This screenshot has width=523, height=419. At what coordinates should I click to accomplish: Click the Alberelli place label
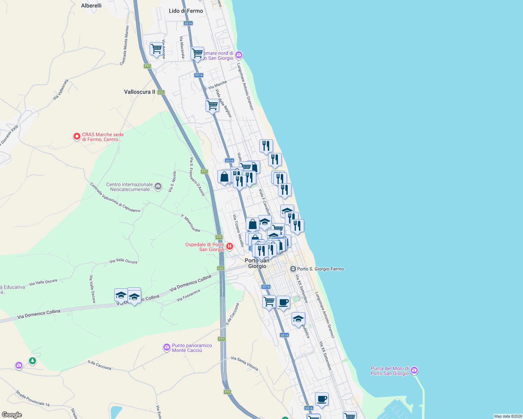91,6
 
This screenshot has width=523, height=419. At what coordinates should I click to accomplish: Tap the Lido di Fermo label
186,11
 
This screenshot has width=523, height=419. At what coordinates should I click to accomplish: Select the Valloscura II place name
139,92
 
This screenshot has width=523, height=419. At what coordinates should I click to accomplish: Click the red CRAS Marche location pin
77,136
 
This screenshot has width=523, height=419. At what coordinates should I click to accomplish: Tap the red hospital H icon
230,247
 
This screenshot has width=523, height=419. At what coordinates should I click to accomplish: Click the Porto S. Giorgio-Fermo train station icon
293,269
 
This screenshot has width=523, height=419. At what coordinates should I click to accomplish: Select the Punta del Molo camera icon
414,370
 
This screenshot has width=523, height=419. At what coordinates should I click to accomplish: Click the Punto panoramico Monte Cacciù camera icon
167,347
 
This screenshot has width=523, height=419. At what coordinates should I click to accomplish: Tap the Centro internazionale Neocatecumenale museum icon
158,186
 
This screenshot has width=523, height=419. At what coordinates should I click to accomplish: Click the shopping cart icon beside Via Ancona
156,49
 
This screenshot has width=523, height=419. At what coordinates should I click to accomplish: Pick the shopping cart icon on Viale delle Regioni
212,105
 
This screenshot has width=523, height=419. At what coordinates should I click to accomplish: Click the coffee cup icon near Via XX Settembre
283,302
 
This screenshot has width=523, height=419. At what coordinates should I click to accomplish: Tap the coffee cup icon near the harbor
322,399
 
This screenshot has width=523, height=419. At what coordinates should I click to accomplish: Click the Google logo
12,414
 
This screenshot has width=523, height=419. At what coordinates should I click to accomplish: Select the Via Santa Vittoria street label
244,363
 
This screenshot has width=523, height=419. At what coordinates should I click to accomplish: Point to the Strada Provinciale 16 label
33,398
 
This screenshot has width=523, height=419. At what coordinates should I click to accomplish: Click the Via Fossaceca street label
188,295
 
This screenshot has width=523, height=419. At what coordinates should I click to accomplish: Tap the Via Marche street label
217,85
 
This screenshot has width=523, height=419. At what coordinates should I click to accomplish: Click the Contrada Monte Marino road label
124,45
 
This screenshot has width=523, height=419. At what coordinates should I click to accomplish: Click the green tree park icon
33,360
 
